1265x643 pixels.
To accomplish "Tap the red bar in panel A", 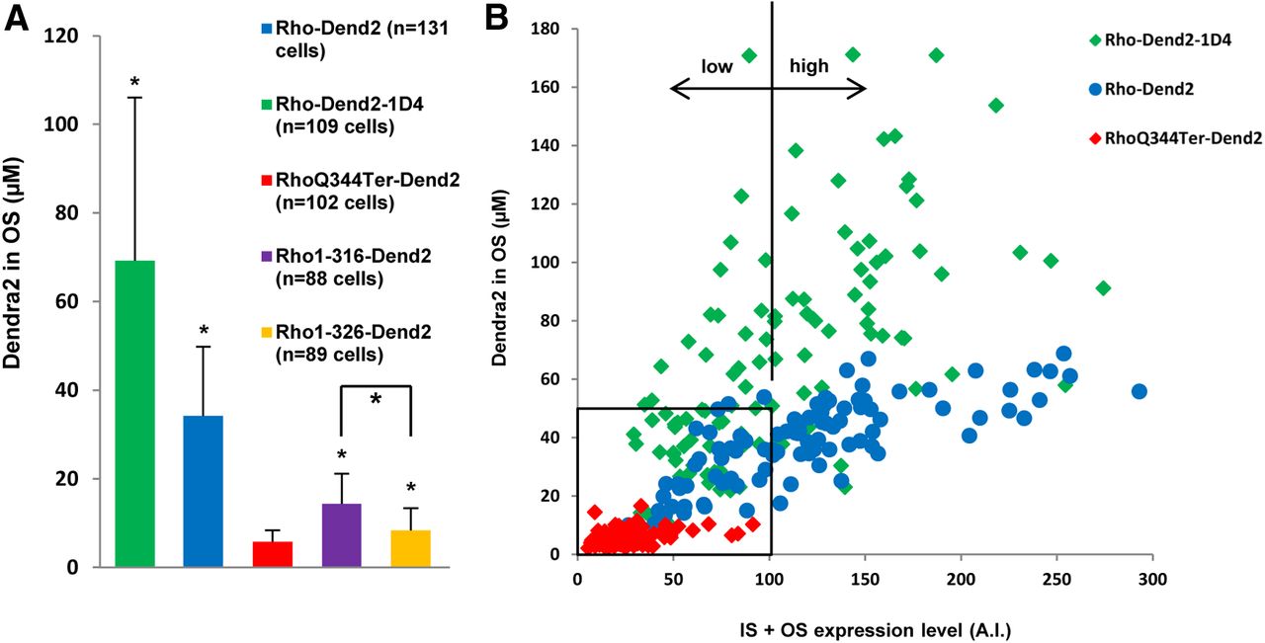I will [x=272, y=554].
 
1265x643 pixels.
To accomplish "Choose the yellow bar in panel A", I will [x=410, y=548].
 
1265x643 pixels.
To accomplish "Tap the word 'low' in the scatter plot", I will [x=717, y=66].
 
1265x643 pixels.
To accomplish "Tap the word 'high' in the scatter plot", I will [x=808, y=66].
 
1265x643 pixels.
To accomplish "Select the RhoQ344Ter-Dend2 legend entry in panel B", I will [x=1180, y=140].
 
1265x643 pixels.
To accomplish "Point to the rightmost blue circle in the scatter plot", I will [x=1138, y=391].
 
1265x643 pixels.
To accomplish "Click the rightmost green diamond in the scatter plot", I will [x=1104, y=287].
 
